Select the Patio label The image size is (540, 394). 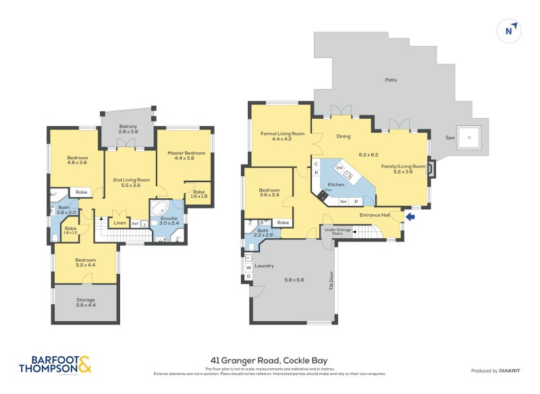tap(391, 80)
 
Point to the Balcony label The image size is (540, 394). tap(128, 126)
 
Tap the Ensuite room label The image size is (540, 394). tap(168, 219)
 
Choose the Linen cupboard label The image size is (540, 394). tap(119, 223)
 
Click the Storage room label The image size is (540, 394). tap(86, 300)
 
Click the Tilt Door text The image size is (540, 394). tap(331, 280)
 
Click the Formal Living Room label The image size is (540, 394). tap(283, 134)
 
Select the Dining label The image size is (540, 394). tap(344, 136)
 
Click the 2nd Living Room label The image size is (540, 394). tap(131, 180)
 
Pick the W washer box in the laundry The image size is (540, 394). tap(248, 267)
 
